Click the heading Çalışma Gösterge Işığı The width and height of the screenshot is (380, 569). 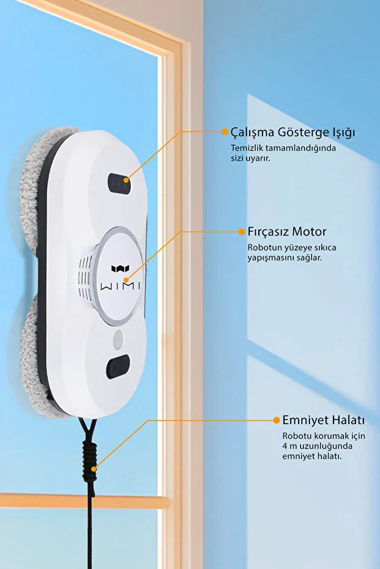pyautogui.click(x=292, y=133)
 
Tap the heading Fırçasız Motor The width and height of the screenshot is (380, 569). pyautogui.click(x=286, y=232)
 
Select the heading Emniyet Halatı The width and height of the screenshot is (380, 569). pyautogui.click(x=323, y=420)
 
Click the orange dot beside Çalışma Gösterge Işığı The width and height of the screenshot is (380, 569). pyautogui.click(x=225, y=131)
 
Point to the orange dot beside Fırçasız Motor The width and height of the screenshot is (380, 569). pyautogui.click(x=242, y=232)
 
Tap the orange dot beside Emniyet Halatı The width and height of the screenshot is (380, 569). pyautogui.click(x=277, y=420)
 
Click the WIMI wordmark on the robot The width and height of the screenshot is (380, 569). pyautogui.click(x=121, y=286)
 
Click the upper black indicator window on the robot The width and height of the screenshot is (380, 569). pyautogui.click(x=119, y=183)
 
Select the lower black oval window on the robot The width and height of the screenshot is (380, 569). pyautogui.click(x=117, y=367)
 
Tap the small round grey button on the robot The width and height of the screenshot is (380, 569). pyautogui.click(x=118, y=340)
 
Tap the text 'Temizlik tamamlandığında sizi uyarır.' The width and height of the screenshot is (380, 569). pyautogui.click(x=283, y=153)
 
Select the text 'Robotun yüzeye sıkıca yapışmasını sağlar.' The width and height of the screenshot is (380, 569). pyautogui.click(x=292, y=252)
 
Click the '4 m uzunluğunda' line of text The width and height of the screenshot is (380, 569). pyautogui.click(x=318, y=446)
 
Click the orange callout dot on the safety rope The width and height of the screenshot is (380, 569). pyautogui.click(x=94, y=469)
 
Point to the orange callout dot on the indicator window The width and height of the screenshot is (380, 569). pyautogui.click(x=126, y=180)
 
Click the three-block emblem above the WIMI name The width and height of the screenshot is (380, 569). pyautogui.click(x=121, y=268)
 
